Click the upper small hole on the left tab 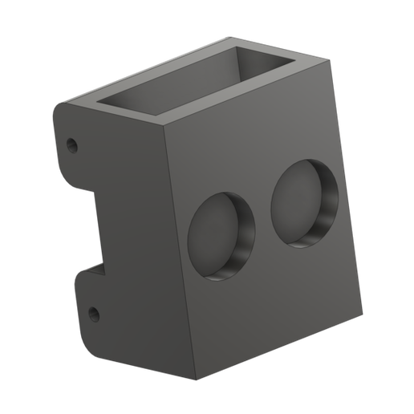click(72, 146)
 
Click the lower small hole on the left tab click(92, 312)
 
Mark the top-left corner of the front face click(168, 129)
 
